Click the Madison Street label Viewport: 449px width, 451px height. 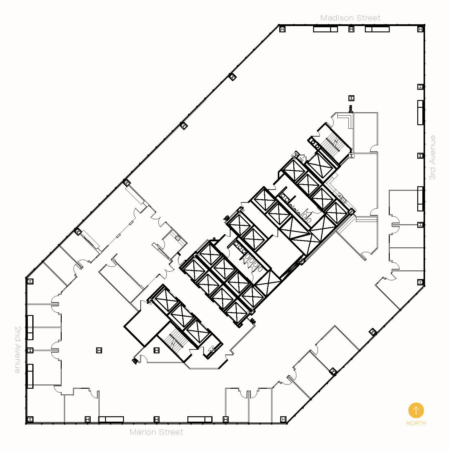pos(350,18)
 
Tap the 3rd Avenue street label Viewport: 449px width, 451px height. pos(433,158)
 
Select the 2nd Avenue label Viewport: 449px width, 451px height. pos(18,349)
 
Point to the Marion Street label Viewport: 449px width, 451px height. pos(156,432)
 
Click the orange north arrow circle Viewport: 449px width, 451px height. pos(416,410)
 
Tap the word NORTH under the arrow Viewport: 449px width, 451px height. pos(416,423)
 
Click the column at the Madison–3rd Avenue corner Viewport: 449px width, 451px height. pos(420,29)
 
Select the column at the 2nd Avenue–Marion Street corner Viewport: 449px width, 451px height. pos(30,419)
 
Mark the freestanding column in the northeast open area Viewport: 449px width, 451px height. pos(351,98)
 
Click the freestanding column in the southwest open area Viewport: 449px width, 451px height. pos(99,350)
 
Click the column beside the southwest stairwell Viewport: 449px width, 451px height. pos(156,350)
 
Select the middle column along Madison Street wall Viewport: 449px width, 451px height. pos(351,29)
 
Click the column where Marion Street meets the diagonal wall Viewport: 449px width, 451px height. pos(283,419)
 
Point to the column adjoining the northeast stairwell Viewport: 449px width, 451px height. pos(351,155)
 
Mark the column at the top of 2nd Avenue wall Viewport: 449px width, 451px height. pos(30,282)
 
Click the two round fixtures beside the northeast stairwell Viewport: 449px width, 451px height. pos(315,144)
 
